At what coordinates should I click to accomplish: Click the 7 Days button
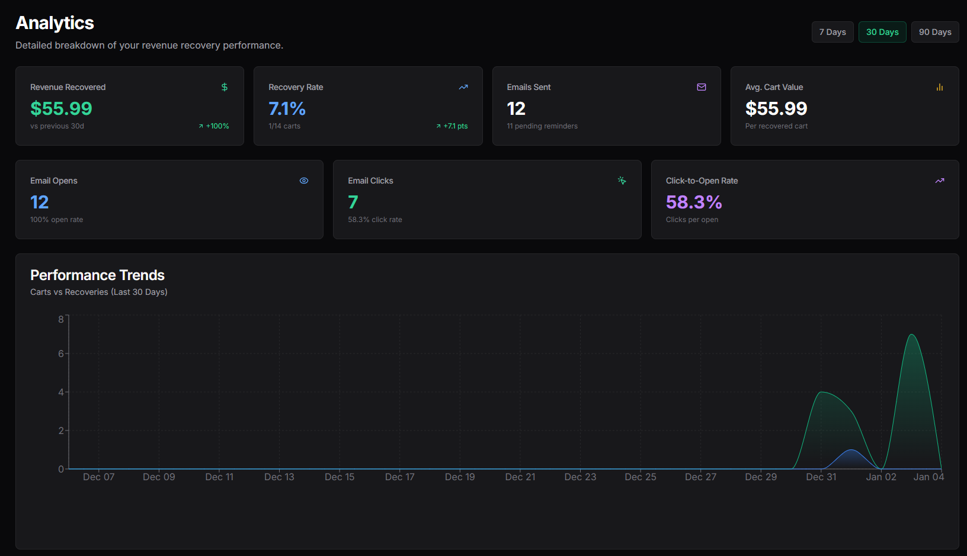832,32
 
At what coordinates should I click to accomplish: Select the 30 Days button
882,32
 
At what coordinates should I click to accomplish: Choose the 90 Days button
934,32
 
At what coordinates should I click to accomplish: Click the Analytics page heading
55,23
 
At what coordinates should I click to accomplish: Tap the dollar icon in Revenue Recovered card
225,87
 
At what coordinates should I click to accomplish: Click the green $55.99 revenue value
61,108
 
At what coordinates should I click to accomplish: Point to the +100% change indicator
214,126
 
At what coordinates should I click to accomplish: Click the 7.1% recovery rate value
287,108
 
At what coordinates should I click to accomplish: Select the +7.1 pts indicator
452,126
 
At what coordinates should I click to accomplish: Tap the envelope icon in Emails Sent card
702,87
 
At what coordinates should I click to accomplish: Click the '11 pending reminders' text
542,126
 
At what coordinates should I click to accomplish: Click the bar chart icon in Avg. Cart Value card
940,87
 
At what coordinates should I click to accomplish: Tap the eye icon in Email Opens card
304,181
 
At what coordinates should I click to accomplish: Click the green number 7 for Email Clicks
353,202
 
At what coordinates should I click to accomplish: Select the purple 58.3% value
693,202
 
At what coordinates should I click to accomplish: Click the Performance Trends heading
97,275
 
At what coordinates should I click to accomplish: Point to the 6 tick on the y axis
61,353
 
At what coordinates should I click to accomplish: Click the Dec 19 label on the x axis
460,477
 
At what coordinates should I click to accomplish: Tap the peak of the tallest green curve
912,335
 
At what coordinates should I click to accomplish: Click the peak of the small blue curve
851,451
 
